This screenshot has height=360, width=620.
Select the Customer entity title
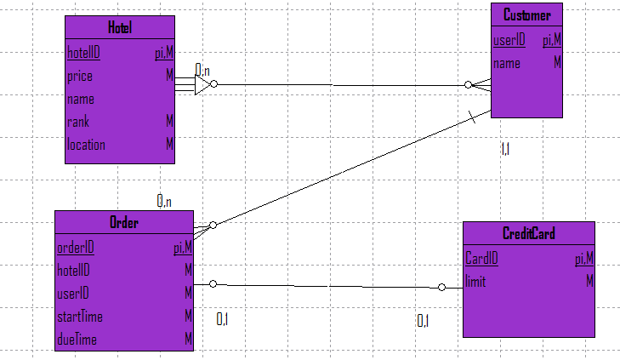(x=526, y=15)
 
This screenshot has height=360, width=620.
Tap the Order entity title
(x=124, y=223)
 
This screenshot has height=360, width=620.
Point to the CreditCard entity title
(x=528, y=233)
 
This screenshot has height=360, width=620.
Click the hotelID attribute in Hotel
(x=83, y=53)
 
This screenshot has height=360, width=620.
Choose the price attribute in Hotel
(x=80, y=76)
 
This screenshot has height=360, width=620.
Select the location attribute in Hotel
(x=86, y=145)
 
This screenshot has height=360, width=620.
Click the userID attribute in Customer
(x=509, y=39)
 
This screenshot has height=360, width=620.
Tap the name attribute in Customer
(x=507, y=63)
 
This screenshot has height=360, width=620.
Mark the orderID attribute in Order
(x=75, y=248)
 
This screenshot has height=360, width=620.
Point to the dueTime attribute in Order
(x=76, y=340)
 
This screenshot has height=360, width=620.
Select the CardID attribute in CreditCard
(x=481, y=258)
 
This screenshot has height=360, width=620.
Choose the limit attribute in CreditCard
(x=475, y=282)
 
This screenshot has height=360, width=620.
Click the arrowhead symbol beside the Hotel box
(x=202, y=84)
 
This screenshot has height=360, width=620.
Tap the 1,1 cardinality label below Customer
(x=504, y=149)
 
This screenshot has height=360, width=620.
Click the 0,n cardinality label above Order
(x=164, y=201)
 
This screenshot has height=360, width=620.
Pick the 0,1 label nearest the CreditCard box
(x=423, y=320)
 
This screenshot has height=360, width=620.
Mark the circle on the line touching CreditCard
(x=442, y=288)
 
